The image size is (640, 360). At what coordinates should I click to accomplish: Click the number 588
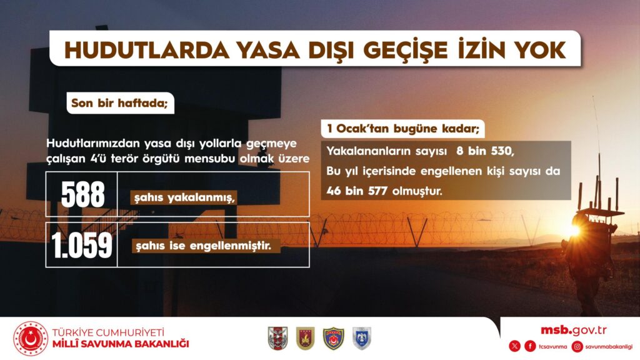(x=83, y=194)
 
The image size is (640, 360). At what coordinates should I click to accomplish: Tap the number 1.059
(x=82, y=245)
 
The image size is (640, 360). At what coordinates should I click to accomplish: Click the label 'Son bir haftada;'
(x=119, y=103)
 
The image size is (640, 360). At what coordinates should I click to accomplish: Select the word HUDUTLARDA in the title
(x=146, y=50)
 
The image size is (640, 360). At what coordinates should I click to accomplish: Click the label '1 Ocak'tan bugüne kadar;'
(x=403, y=129)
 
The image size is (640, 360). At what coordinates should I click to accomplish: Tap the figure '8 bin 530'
(x=484, y=151)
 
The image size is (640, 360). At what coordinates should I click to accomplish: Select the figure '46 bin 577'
(x=357, y=191)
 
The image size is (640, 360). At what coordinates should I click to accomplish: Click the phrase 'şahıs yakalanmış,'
(x=185, y=198)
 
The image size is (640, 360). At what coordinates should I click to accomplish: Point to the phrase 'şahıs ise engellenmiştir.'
(x=203, y=246)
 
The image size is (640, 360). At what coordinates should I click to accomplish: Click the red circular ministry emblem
(x=31, y=339)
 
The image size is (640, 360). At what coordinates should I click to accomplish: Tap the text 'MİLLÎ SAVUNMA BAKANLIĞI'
(x=121, y=344)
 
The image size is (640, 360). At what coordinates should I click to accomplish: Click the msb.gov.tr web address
(x=574, y=330)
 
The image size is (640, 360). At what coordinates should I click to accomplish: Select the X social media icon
(x=515, y=346)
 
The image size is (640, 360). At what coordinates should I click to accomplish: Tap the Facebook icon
(x=530, y=346)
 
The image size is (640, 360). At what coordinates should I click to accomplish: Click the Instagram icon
(x=577, y=346)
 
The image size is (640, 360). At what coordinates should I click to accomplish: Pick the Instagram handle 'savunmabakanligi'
(x=609, y=347)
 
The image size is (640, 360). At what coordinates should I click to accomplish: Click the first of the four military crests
(x=277, y=338)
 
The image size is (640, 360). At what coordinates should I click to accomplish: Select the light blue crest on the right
(x=362, y=338)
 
